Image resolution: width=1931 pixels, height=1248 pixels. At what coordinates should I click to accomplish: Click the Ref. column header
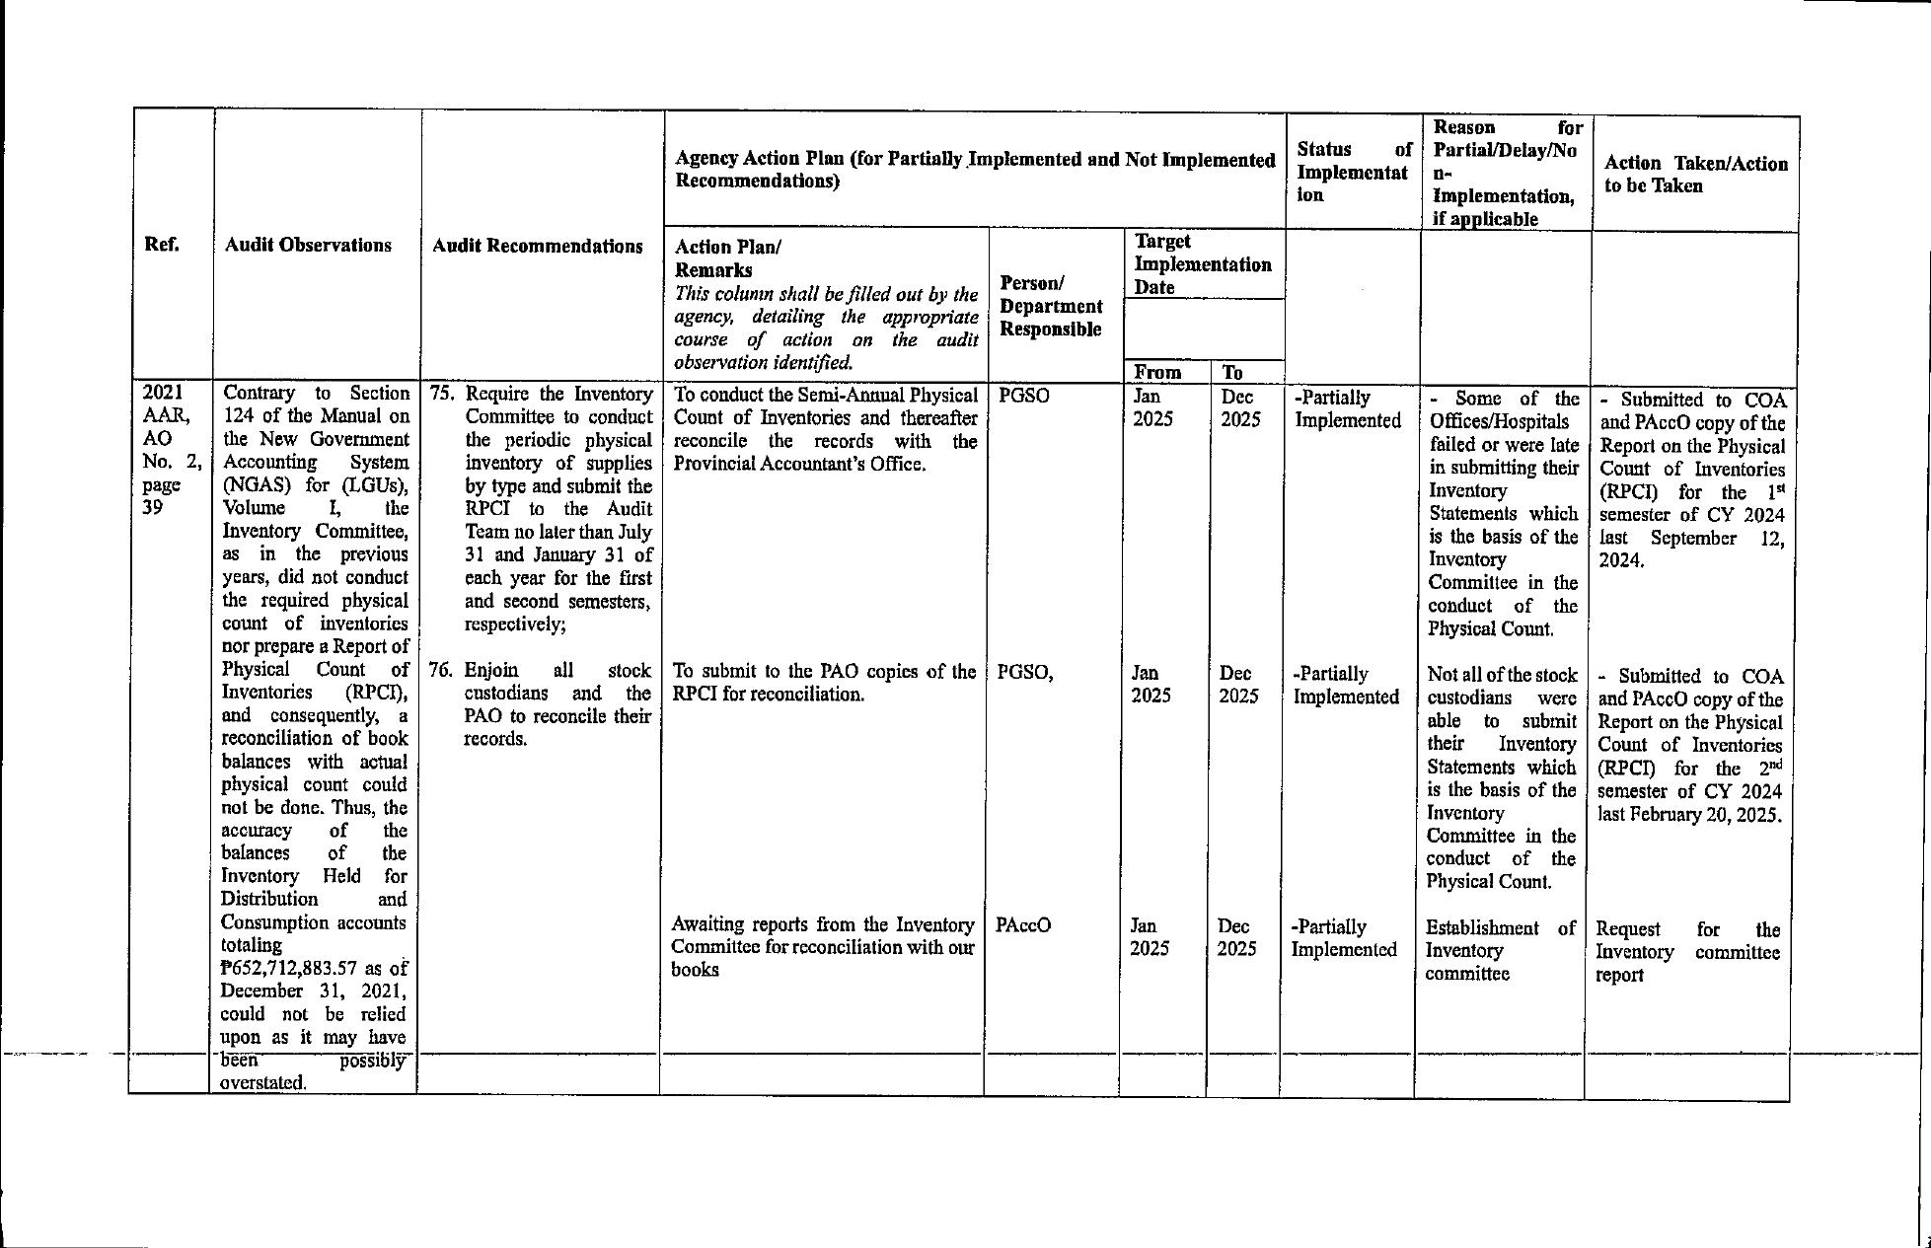point(162,245)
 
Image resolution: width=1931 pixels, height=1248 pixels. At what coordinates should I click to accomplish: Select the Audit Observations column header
point(308,246)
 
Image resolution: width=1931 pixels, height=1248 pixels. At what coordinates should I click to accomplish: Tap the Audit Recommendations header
point(538,247)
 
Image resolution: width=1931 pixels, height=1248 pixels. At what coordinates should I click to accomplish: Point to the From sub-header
point(1157,372)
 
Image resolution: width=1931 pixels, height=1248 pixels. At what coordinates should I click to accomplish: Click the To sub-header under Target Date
point(1232,372)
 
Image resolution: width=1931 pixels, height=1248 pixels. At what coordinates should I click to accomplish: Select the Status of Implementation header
point(1353,172)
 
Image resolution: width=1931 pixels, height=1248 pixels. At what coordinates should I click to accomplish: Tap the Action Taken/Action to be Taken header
point(1695,175)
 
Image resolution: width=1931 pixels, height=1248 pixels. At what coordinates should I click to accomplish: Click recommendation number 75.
point(440,394)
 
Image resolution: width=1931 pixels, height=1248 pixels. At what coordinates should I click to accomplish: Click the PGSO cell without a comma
point(1024,397)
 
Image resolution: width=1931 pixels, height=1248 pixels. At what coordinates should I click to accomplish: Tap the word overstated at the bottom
point(263,1082)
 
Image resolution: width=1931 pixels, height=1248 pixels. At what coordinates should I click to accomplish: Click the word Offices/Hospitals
point(1498,421)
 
